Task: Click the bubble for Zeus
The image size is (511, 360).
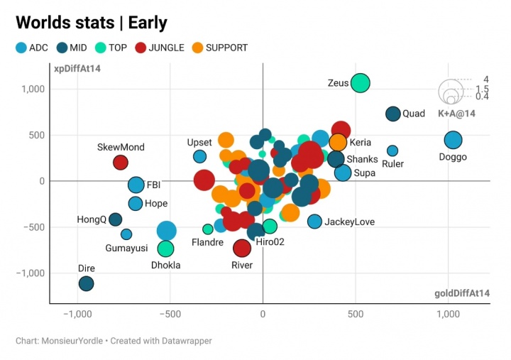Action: [x=361, y=82]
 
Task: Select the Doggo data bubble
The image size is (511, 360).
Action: [x=453, y=141]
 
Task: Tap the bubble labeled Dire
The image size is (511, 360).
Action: [x=86, y=283]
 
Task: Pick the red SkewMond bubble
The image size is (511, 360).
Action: [x=121, y=162]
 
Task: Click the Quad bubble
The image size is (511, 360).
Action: [x=393, y=114]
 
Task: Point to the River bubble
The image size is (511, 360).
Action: [x=242, y=248]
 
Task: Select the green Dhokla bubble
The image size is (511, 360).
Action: [x=165, y=249]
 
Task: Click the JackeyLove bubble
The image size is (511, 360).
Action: [x=314, y=222]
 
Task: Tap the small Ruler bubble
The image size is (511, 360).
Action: [x=392, y=151]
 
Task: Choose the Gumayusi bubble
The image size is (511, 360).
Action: [x=126, y=234]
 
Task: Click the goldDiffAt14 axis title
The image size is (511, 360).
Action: [x=461, y=293]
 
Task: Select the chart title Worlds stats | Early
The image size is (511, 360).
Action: [x=92, y=23]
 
